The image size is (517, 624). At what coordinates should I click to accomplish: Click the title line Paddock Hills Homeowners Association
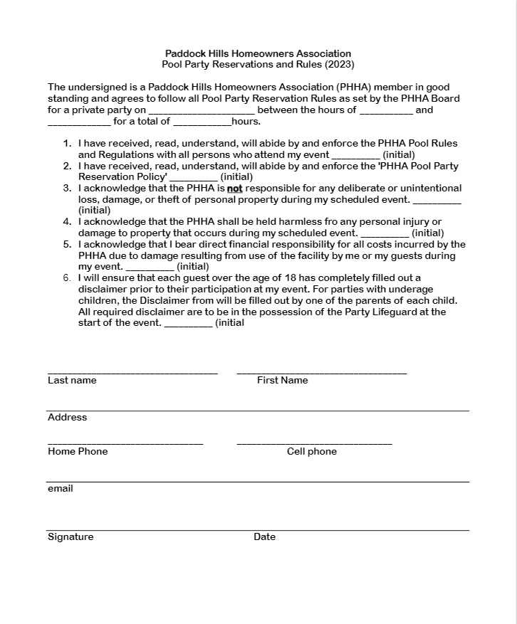click(258, 53)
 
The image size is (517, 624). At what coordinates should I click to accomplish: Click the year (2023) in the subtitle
click(340, 65)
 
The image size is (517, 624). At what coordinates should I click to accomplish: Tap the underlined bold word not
click(235, 189)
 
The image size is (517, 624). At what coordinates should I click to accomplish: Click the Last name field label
click(72, 380)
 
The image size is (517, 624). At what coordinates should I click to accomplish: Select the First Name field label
click(283, 380)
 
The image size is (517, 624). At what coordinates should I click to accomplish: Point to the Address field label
click(67, 417)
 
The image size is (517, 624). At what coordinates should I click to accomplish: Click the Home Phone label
click(78, 451)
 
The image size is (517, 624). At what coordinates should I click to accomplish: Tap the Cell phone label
click(312, 451)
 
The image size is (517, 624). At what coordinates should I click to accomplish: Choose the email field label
click(61, 488)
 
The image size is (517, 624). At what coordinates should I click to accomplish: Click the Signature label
click(70, 536)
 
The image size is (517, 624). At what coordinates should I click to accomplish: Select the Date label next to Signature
click(264, 536)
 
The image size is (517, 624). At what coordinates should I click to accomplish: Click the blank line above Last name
click(132, 372)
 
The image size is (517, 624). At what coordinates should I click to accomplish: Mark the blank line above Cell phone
click(314, 443)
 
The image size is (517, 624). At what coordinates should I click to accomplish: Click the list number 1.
click(68, 143)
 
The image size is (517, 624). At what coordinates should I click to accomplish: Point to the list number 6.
click(68, 277)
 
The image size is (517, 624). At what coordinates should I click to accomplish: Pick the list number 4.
click(68, 221)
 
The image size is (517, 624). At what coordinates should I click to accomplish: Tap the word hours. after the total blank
click(246, 122)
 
